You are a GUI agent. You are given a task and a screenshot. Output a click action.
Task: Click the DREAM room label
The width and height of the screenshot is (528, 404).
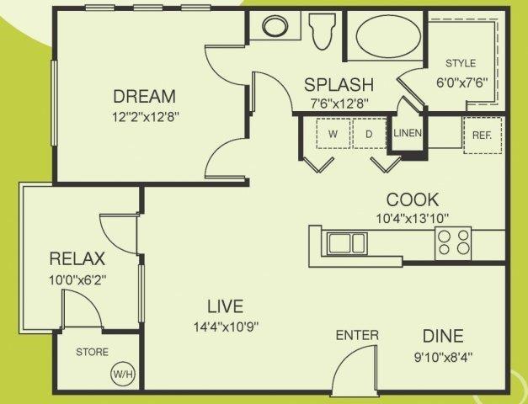point(145,96)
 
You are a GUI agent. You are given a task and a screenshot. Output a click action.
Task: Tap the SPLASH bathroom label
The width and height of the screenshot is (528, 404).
point(339,85)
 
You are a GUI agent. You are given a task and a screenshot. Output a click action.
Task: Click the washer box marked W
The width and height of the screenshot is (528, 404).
point(333,133)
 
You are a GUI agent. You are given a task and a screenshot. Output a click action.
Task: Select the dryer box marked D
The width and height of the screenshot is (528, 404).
point(369,133)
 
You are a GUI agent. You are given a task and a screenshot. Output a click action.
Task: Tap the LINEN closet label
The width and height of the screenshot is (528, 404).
point(407,133)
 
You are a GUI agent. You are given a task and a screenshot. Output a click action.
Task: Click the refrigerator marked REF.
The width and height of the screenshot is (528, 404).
point(483,133)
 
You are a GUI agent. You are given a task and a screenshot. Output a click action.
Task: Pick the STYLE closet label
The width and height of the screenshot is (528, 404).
point(461,63)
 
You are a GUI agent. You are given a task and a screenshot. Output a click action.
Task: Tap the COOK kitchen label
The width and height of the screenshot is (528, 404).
point(412,199)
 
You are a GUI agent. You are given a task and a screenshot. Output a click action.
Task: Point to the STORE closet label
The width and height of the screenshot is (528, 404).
point(91,352)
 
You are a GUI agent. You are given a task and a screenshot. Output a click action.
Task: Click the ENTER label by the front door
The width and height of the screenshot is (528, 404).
point(357,335)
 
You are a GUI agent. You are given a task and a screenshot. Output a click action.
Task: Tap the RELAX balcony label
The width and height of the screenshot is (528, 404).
point(76,258)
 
